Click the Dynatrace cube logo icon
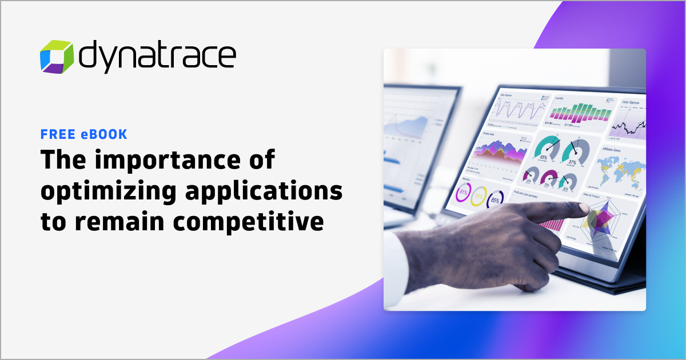pos(57,57)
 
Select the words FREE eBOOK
pos(83,135)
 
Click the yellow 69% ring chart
pos(478,198)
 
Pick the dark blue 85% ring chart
pos(495,201)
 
